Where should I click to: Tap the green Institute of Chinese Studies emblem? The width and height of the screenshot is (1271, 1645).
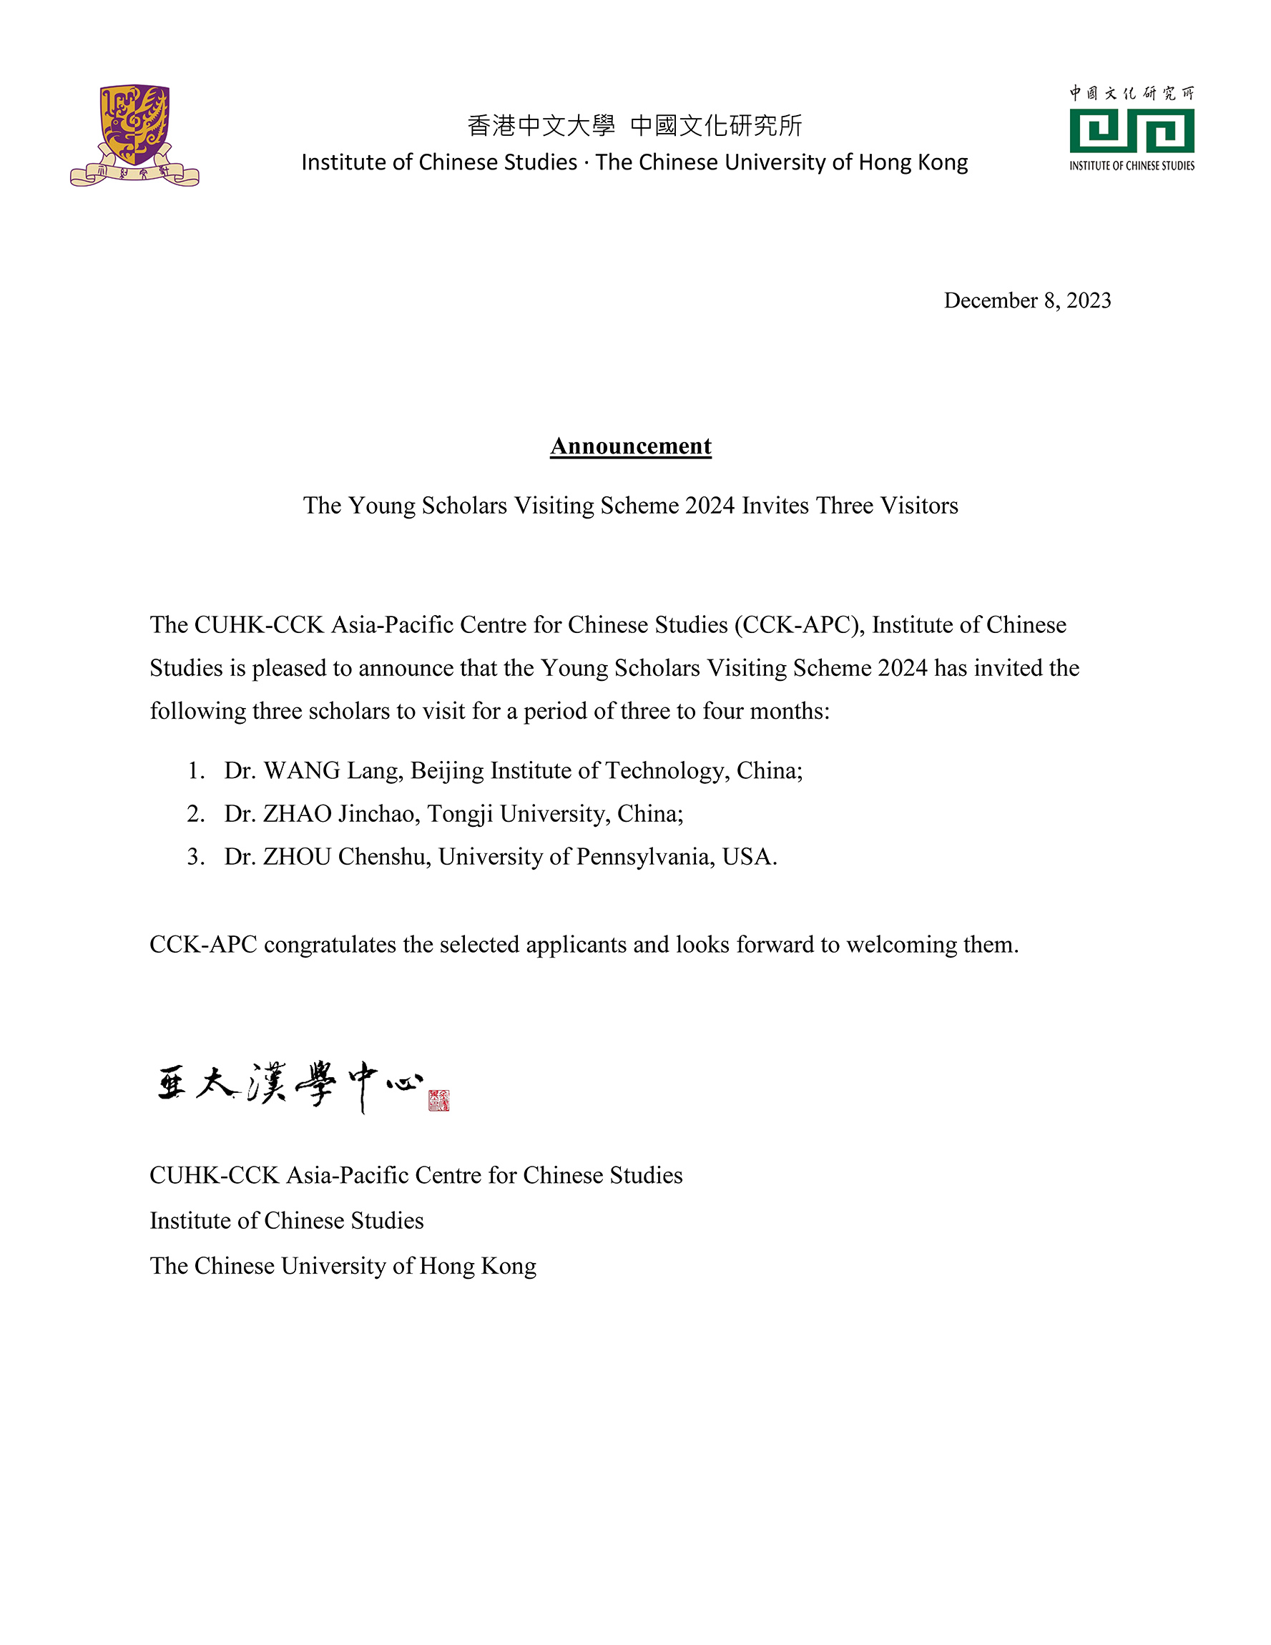click(1131, 130)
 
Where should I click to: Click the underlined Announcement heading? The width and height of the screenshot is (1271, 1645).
click(631, 446)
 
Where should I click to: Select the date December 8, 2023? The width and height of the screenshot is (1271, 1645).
click(1027, 300)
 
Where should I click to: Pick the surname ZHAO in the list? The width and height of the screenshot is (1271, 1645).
click(297, 813)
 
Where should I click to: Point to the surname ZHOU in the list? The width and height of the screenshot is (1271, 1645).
click(297, 856)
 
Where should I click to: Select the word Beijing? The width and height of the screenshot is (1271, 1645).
click(447, 770)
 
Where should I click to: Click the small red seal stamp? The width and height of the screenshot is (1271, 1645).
click(438, 1101)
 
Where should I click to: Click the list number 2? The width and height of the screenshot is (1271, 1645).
click(195, 813)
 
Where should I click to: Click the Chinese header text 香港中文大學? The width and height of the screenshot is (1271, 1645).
click(541, 126)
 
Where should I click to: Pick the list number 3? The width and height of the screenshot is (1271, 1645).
click(195, 856)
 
